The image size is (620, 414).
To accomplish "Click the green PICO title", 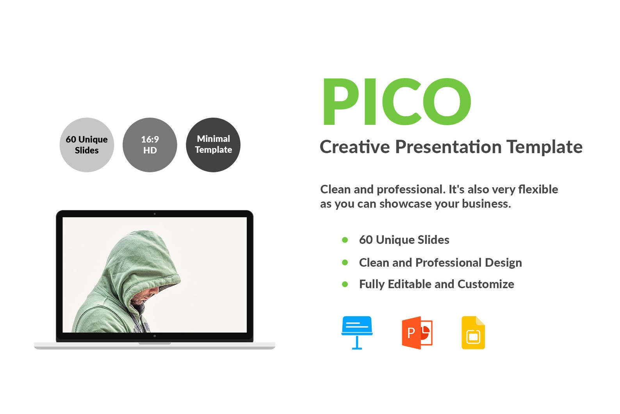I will click(396, 102).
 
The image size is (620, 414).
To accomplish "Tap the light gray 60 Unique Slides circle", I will click(87, 145).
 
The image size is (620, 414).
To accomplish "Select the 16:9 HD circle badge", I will click(150, 145).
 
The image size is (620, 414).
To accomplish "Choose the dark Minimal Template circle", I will click(213, 145).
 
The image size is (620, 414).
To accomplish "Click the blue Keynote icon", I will click(357, 332).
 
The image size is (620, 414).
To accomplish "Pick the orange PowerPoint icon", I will click(417, 333).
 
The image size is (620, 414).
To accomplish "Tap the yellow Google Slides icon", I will click(473, 333).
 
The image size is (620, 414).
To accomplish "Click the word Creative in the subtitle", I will click(355, 147).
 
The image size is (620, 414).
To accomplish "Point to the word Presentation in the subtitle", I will click(448, 147).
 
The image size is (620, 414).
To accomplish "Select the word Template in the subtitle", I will click(545, 147).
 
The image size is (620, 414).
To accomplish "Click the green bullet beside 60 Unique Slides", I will click(345, 240).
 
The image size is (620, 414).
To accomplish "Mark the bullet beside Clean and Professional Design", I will click(345, 263).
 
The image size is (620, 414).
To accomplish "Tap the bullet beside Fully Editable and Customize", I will click(345, 284).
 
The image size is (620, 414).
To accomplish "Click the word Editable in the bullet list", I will click(410, 284).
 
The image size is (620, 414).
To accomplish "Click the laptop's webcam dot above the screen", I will click(155, 214).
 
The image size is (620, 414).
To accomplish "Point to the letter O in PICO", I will click(447, 102).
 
